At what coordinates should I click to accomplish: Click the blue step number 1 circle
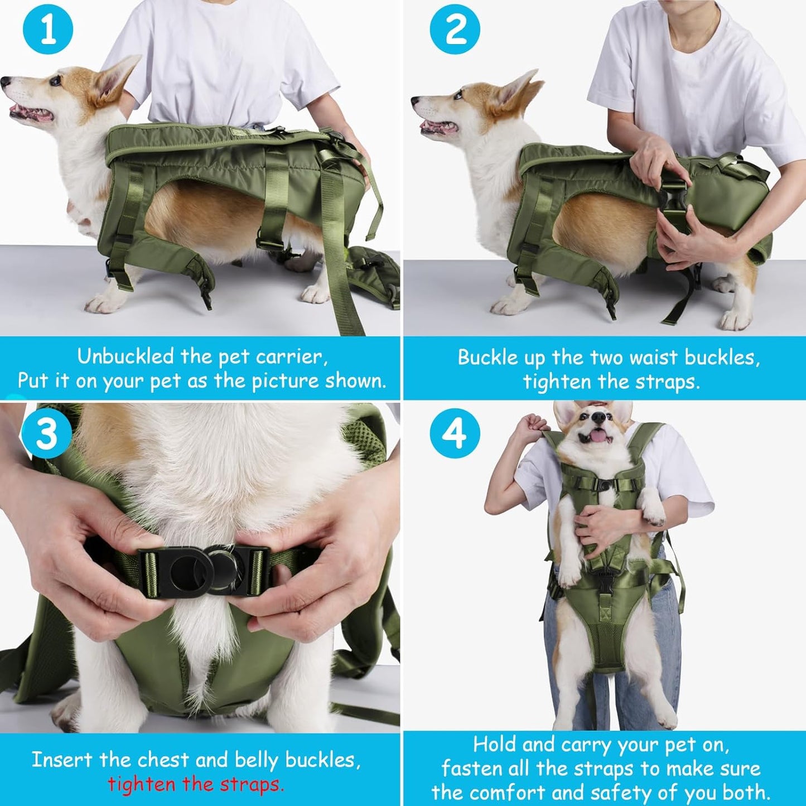tap(48, 30)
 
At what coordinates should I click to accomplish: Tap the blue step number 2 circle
tap(455, 30)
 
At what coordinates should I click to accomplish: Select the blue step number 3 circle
tap(47, 433)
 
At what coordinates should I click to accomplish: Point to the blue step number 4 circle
tap(455, 433)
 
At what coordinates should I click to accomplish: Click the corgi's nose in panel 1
tap(5, 82)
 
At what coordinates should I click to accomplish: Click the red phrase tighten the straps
tap(196, 784)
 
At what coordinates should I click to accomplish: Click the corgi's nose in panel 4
tap(599, 417)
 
